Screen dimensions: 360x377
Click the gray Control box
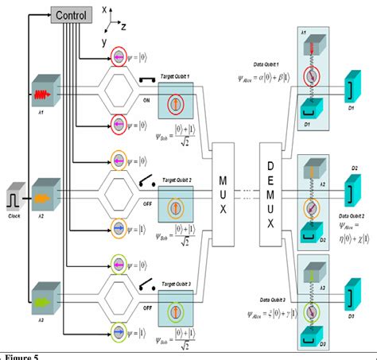coord(76,14)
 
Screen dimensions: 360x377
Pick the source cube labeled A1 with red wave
coord(41,95)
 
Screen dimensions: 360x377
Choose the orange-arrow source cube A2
coord(41,192)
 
